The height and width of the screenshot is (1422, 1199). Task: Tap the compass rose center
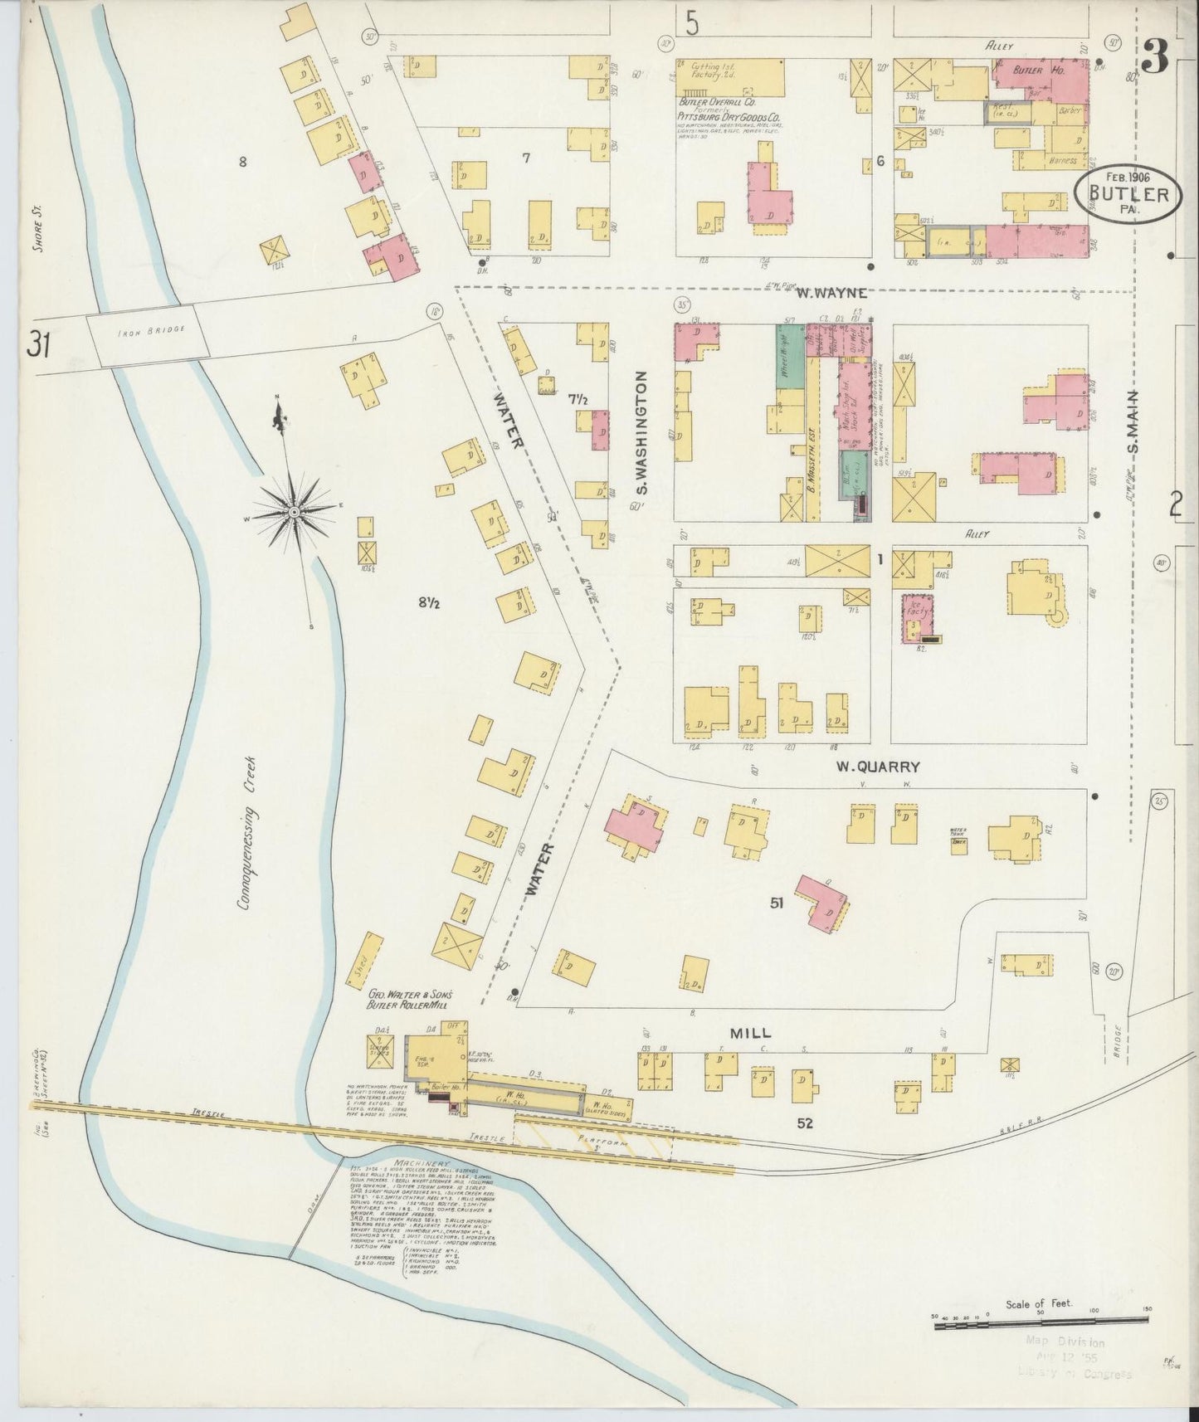tap(294, 514)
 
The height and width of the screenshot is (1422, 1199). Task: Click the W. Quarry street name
tap(878, 767)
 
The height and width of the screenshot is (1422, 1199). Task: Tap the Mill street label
tap(750, 1033)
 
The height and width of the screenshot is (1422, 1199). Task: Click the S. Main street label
tap(1133, 421)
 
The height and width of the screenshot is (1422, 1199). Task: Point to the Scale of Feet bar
tap(1039, 1326)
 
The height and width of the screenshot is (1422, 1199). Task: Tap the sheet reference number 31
tap(38, 344)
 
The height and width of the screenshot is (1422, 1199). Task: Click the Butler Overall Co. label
tap(713, 103)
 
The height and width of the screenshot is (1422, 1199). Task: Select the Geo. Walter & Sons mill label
tap(409, 998)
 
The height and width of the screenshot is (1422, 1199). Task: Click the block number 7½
tap(578, 399)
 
